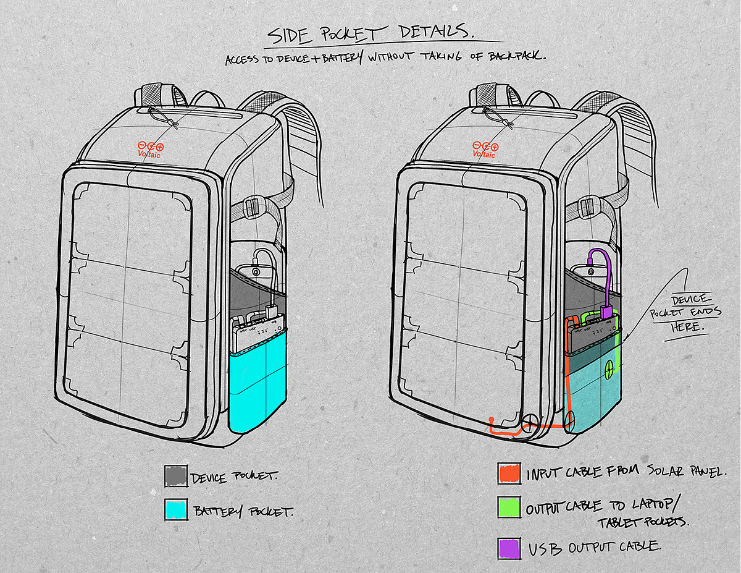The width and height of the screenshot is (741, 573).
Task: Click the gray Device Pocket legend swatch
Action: coord(176,476)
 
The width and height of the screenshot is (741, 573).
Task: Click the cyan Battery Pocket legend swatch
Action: coord(176,511)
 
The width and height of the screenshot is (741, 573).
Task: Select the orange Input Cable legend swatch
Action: coord(509,474)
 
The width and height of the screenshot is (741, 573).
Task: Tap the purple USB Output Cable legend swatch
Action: coord(509,548)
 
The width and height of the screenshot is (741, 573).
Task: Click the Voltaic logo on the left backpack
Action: coord(149,150)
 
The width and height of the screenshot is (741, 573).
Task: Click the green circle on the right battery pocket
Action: coord(610,367)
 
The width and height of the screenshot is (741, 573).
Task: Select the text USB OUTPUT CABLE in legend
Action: coord(594,548)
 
